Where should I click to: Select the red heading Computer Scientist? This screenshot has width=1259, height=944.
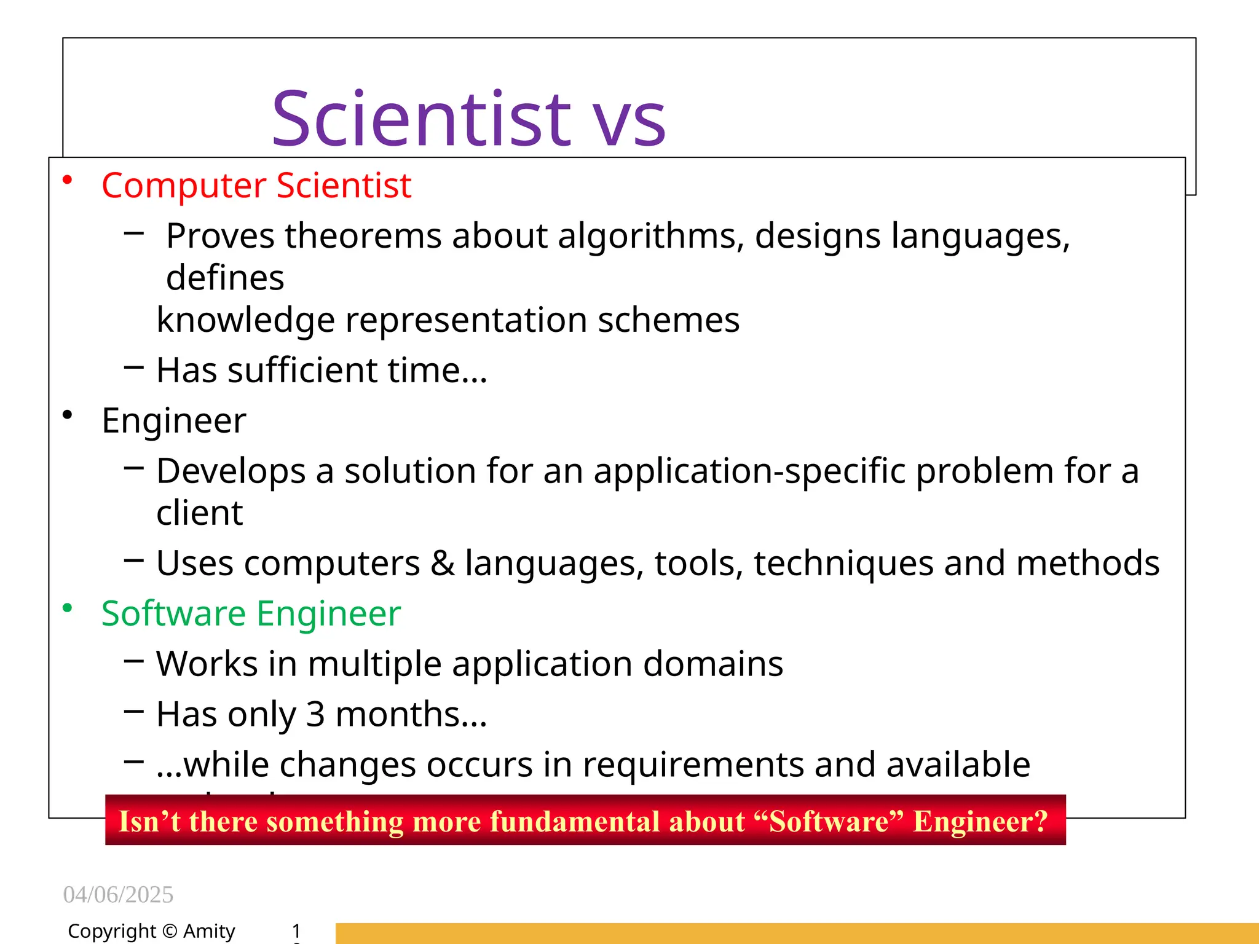tap(256, 185)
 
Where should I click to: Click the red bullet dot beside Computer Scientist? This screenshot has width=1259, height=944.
tap(68, 180)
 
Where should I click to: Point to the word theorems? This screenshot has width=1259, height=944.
tap(363, 236)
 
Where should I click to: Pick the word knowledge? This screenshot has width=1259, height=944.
tap(246, 320)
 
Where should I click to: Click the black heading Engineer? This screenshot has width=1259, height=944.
tap(174, 421)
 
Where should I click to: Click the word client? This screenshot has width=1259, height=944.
tap(200, 513)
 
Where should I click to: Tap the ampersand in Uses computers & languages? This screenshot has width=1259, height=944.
tap(442, 564)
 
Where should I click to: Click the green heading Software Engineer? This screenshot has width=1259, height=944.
tap(251, 614)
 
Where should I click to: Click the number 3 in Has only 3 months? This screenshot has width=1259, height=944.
tap(315, 715)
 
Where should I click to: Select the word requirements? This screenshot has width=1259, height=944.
tap(693, 765)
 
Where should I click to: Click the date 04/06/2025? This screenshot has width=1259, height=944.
tap(118, 895)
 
